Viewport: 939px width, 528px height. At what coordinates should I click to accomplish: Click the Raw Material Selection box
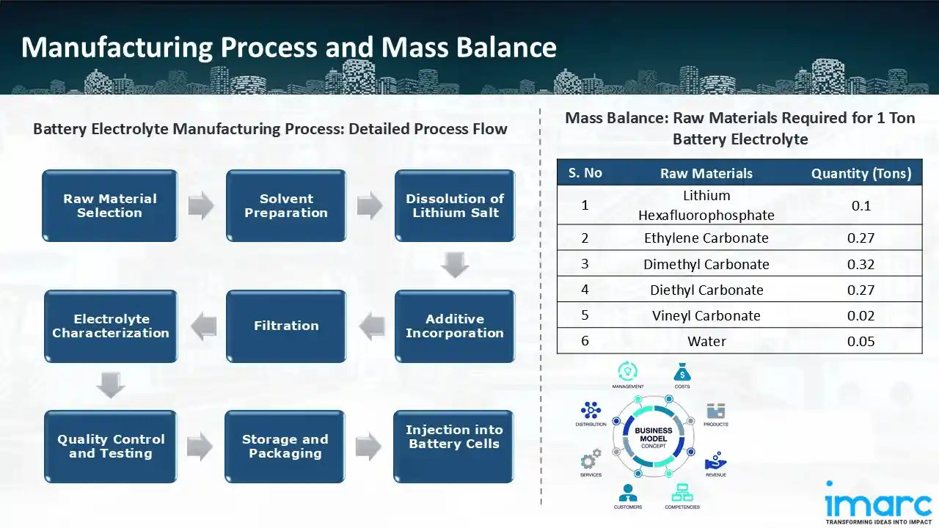click(x=110, y=206)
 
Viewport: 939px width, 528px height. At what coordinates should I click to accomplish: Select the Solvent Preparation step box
click(x=286, y=206)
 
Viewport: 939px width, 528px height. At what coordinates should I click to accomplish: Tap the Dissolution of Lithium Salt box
click(x=455, y=206)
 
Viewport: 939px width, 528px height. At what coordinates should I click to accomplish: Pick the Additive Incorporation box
click(x=455, y=326)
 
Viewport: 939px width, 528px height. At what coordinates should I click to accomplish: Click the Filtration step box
click(x=286, y=326)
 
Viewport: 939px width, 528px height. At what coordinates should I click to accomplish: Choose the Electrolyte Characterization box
click(x=111, y=326)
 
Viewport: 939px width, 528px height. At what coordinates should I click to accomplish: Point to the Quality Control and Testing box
click(x=111, y=447)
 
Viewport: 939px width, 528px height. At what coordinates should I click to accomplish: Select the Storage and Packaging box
click(x=285, y=447)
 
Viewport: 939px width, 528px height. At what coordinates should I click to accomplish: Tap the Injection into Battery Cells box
click(x=454, y=438)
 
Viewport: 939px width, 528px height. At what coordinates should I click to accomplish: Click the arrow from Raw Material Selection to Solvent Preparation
click(x=201, y=206)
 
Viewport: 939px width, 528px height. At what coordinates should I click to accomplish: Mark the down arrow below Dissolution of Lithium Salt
click(x=455, y=265)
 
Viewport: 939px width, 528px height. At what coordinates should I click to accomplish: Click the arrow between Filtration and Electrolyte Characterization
click(x=203, y=326)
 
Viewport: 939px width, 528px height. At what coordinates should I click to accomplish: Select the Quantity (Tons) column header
click(x=861, y=174)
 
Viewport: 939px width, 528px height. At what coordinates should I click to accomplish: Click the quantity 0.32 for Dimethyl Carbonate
click(x=861, y=264)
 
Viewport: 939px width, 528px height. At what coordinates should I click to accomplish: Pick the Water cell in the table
click(x=706, y=341)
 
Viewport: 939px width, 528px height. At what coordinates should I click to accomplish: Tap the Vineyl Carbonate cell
click(x=706, y=315)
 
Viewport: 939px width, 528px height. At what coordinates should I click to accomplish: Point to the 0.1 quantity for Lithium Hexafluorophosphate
click(x=861, y=205)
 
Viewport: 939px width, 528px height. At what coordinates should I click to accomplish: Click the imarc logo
click(x=877, y=504)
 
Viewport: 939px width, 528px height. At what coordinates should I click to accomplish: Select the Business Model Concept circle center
click(x=654, y=438)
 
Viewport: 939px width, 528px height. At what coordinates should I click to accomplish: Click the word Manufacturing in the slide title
click(x=118, y=47)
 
